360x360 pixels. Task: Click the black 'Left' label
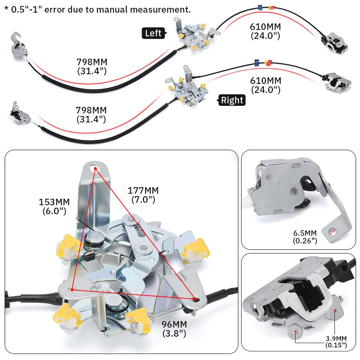tap(153, 33)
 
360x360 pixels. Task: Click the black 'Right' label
tap(232, 100)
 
